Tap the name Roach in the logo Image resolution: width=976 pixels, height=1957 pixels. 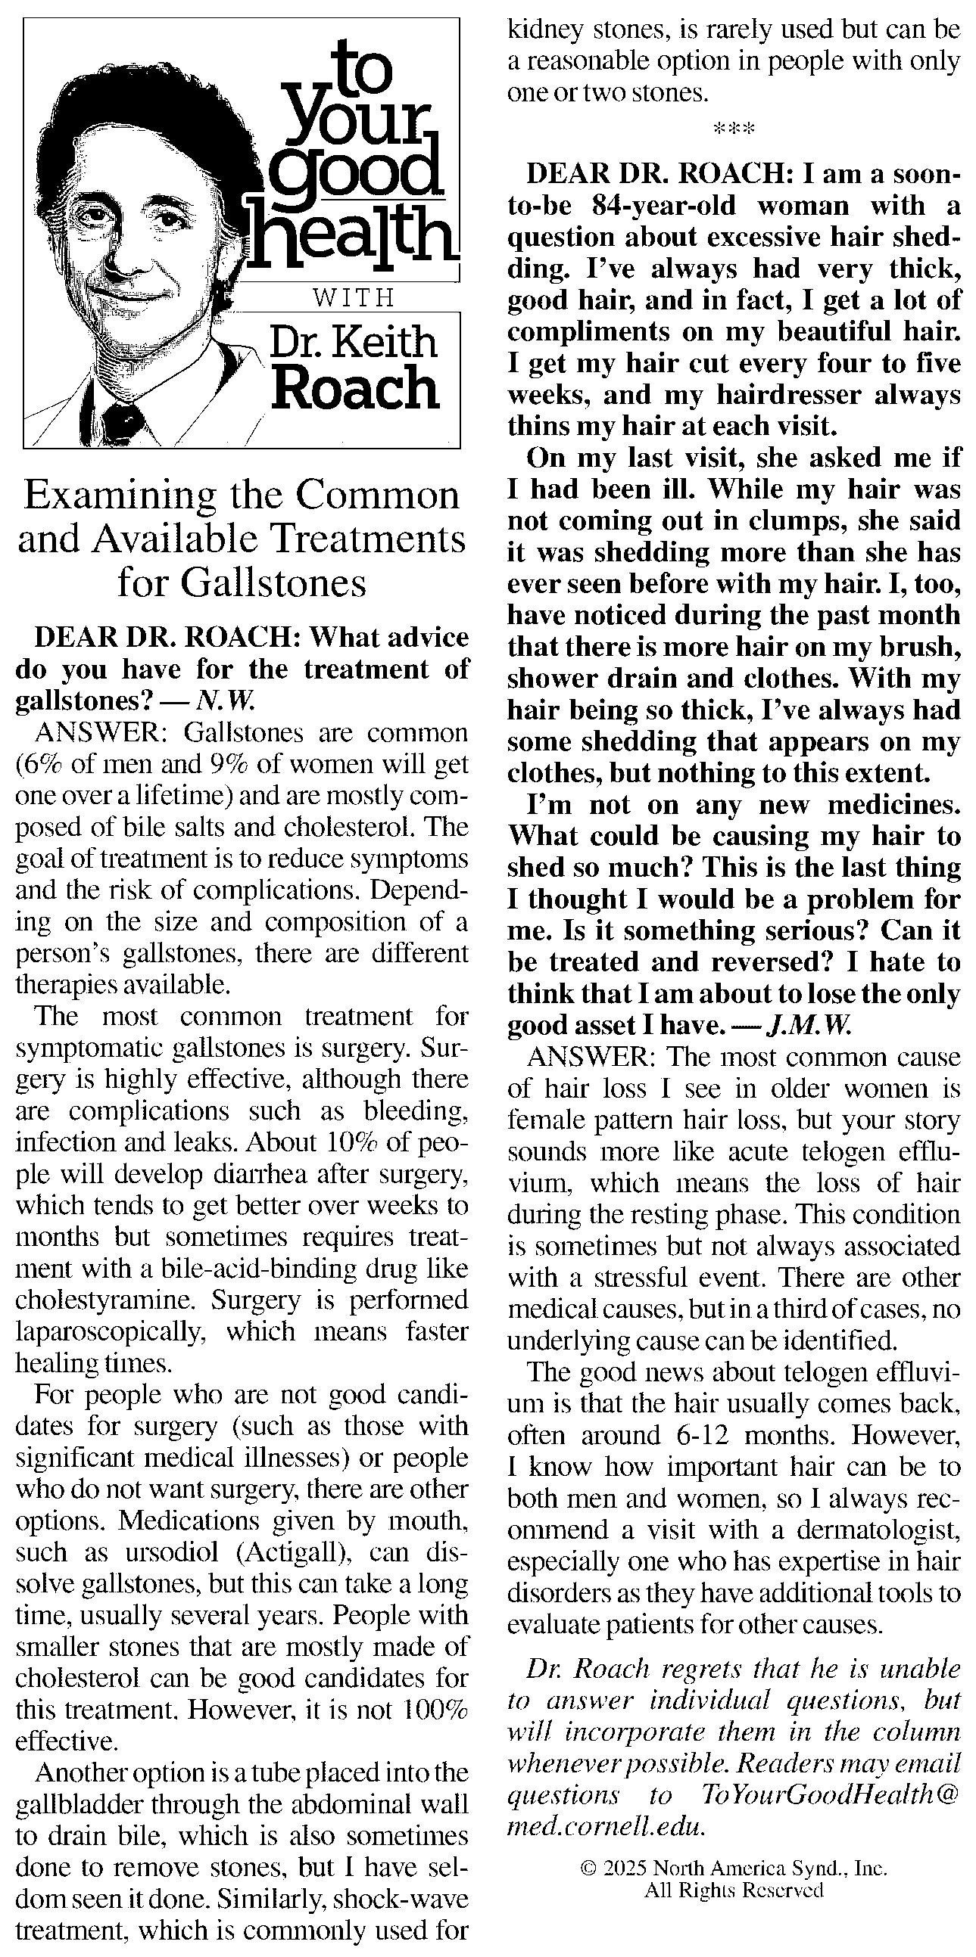356,388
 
